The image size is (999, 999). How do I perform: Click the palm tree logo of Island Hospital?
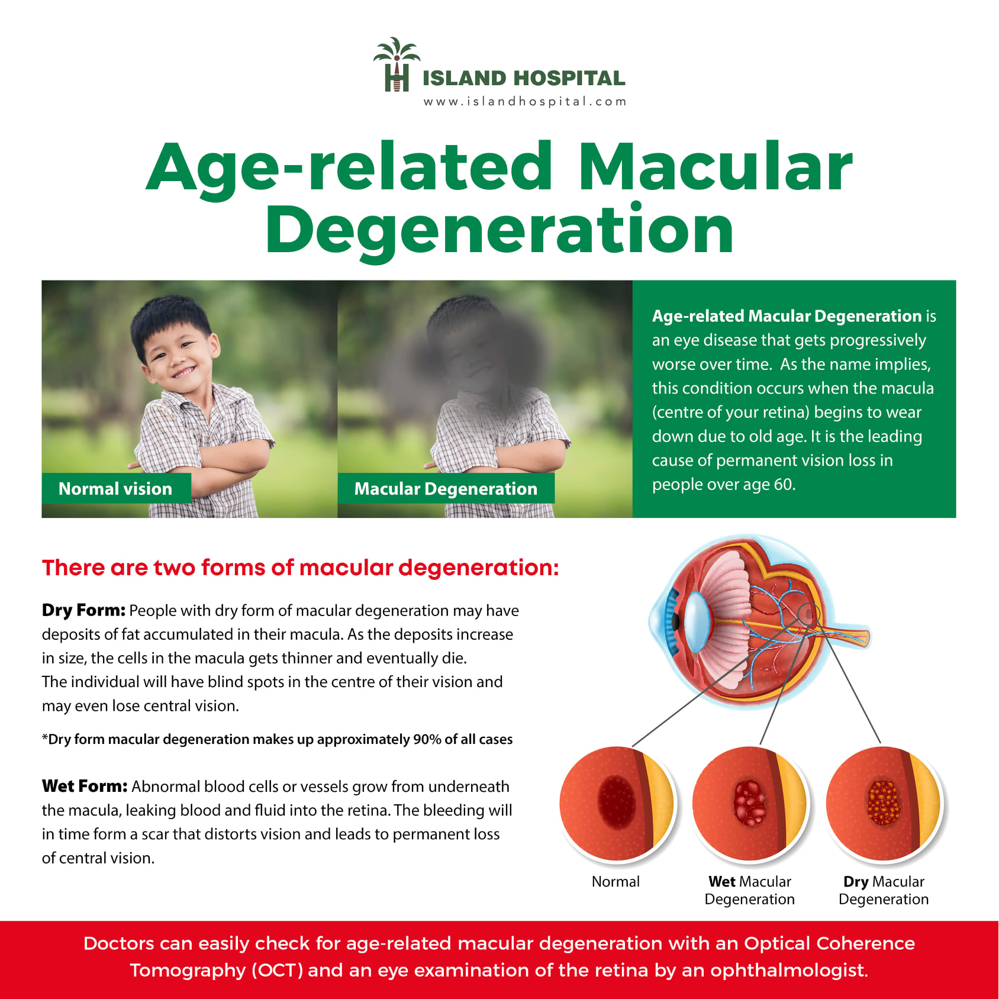pos(397,65)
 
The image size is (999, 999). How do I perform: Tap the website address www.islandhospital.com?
pos(525,102)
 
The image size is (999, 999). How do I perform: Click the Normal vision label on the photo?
pos(116,488)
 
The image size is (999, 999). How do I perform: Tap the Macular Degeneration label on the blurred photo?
pos(446,488)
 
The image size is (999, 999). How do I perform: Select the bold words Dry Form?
pos(83,610)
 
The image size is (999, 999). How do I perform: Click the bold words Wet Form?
pos(85,786)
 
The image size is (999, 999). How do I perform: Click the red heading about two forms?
pos(301,568)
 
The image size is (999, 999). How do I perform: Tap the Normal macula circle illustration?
pos(617,804)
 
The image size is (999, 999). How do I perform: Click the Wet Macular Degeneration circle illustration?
pos(750,804)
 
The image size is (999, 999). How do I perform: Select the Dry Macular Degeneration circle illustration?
pos(884,804)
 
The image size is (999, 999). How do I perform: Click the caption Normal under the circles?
pos(616,881)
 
